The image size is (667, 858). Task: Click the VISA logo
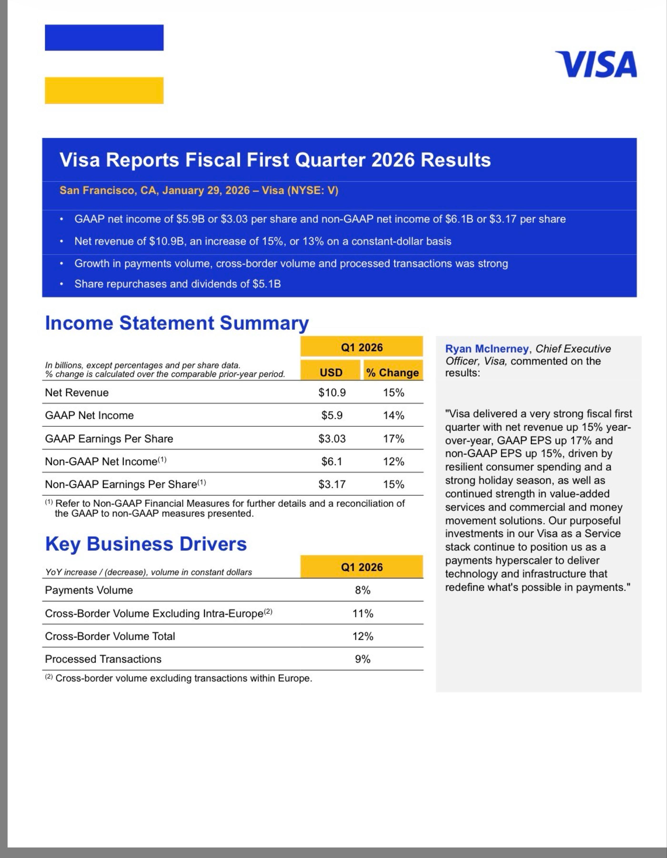(x=596, y=64)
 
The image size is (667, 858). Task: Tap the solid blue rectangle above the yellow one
(x=104, y=38)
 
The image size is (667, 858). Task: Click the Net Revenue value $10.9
(x=332, y=393)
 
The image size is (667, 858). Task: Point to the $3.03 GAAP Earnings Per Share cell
(x=332, y=439)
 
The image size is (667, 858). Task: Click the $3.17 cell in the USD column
(x=332, y=484)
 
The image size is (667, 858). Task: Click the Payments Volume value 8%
(x=362, y=590)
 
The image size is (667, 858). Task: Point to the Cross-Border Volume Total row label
(x=110, y=636)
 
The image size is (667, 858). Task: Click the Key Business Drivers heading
(x=146, y=544)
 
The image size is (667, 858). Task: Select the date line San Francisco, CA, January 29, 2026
(x=199, y=190)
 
